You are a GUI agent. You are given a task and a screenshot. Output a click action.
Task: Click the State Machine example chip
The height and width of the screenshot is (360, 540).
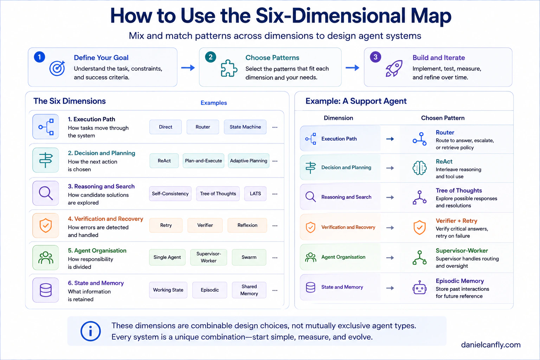coord(245,127)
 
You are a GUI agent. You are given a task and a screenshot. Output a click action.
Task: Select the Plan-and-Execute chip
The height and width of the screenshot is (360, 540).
coord(203,161)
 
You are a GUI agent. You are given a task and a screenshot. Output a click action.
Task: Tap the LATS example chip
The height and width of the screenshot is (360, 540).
coord(255,193)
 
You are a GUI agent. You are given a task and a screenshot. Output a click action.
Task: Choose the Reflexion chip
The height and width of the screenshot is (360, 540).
coord(247,225)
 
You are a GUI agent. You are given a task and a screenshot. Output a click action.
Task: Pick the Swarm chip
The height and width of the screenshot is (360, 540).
coord(249,257)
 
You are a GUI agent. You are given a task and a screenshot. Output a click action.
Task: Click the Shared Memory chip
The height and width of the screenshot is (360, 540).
coord(249,290)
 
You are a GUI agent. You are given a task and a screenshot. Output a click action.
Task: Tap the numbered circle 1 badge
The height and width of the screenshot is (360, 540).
coord(39,57)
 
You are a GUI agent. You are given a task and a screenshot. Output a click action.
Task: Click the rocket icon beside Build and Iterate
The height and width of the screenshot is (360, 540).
coord(394,69)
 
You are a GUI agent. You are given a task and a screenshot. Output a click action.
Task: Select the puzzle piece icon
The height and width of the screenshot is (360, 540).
coord(229,68)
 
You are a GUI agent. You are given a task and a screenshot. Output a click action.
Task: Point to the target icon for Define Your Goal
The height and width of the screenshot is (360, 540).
coord(57,69)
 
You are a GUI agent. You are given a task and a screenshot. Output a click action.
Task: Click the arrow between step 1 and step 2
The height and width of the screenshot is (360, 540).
coord(188,68)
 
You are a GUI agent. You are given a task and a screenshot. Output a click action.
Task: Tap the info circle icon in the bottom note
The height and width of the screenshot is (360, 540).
coord(90,331)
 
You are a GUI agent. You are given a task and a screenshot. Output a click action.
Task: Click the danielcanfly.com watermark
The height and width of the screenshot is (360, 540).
coord(490,345)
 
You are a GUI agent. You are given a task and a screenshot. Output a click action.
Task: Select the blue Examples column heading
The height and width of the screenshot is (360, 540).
coord(214,103)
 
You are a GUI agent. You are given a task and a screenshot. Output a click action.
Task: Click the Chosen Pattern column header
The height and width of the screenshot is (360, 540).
coord(443,118)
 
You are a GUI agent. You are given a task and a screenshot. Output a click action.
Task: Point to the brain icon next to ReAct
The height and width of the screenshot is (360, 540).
coord(419,168)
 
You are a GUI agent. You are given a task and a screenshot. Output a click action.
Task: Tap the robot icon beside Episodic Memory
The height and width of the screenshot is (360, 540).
coord(419,288)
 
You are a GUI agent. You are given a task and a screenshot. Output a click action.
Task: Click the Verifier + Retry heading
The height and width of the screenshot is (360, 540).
coord(456,221)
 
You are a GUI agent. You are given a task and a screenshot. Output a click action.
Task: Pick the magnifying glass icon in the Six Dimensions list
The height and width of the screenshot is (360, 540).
coord(46,193)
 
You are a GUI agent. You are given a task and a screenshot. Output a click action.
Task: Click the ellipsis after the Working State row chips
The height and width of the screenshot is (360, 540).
coord(275,290)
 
